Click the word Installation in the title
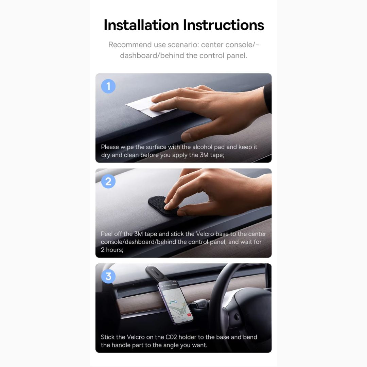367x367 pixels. click(141, 25)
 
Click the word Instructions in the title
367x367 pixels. click(224, 25)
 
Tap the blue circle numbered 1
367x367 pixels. click(108, 86)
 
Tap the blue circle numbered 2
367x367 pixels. click(108, 181)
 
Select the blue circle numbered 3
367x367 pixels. click(108, 276)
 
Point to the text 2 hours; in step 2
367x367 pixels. click(112, 250)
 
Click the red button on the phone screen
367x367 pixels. click(189, 315)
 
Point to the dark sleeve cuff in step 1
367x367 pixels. click(267, 98)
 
